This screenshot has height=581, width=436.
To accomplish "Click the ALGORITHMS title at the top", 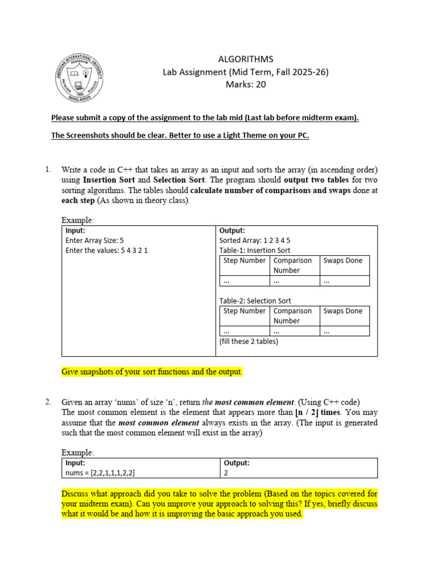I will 246,59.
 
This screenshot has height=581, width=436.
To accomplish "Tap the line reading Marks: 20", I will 246,85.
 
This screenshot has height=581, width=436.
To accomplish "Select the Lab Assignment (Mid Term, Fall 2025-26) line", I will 246,72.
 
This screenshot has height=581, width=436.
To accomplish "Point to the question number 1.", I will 48,170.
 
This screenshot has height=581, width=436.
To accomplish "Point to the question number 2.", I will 48,402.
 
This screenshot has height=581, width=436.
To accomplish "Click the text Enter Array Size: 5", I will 95,241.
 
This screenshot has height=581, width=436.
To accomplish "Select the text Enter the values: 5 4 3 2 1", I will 107,250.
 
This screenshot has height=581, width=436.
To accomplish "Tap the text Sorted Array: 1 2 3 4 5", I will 255,241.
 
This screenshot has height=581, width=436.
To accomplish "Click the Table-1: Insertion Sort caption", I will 255,250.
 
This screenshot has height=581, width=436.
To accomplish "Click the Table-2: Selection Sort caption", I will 255,301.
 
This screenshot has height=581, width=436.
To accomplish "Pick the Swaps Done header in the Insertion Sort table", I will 343,260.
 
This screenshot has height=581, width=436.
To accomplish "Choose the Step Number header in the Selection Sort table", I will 245,311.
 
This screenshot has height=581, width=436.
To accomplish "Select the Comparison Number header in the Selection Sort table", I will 293,315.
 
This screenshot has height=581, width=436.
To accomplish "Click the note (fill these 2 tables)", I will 249,342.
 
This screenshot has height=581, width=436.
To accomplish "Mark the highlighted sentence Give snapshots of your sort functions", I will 152,372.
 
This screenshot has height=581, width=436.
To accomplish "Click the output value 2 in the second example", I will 227,472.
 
